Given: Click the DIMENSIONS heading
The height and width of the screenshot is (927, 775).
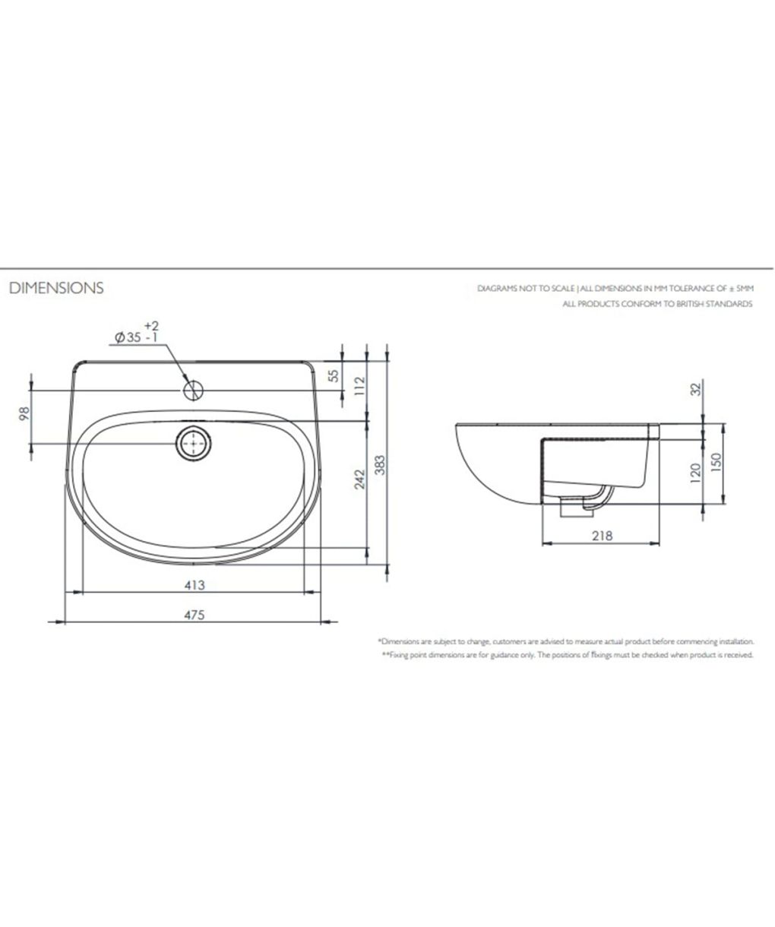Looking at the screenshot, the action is click(x=56, y=288).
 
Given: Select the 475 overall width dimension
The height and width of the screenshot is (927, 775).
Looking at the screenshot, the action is click(x=195, y=615).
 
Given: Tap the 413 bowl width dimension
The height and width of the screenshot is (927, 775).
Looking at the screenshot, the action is click(x=195, y=585).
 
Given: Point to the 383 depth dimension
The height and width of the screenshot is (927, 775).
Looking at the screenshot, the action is click(x=381, y=465).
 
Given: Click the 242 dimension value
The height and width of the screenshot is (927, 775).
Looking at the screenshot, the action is click(x=359, y=479).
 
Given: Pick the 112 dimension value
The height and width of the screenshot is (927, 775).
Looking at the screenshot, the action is click(x=359, y=386).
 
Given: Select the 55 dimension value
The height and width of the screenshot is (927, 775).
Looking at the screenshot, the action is click(x=334, y=375).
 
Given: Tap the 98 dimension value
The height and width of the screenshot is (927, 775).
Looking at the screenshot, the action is click(x=24, y=413).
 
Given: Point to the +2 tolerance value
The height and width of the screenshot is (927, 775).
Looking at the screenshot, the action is click(x=151, y=325).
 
